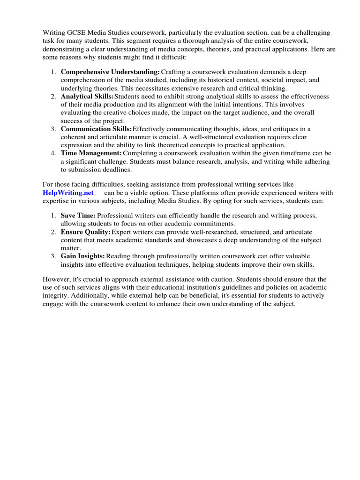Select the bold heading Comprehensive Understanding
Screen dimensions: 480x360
(110, 72)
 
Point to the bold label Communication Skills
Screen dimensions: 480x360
(96, 129)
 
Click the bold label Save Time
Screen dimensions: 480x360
(78, 215)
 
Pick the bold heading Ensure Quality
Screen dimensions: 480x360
(85, 232)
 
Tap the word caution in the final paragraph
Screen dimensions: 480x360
(200, 279)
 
